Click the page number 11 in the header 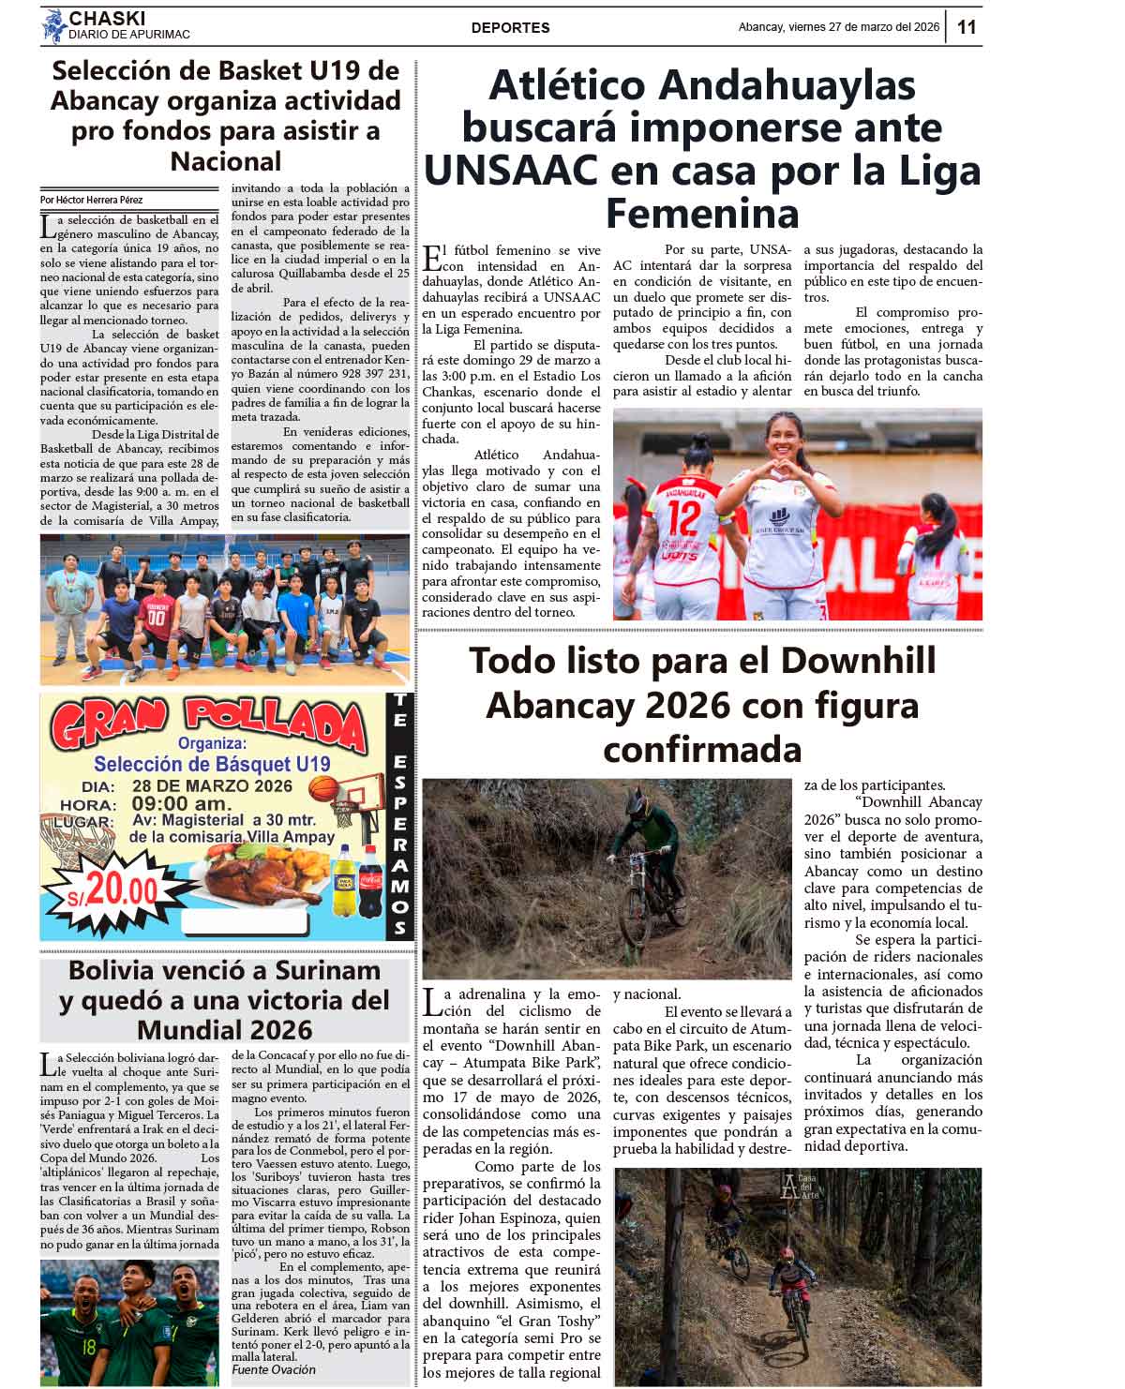[x=967, y=27]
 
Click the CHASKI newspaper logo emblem [x=53, y=26]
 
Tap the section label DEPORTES [x=510, y=28]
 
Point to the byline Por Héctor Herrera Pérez [x=92, y=200]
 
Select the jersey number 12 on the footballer [x=685, y=517]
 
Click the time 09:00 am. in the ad [x=181, y=804]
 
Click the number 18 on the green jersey [x=89, y=1348]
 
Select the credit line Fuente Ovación [x=274, y=1369]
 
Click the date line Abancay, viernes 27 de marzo [x=838, y=27]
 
